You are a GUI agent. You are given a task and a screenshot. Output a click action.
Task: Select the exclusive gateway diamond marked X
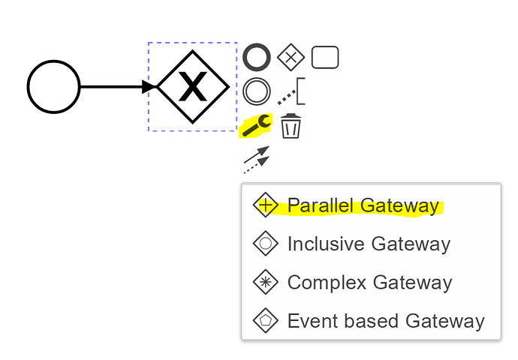193,87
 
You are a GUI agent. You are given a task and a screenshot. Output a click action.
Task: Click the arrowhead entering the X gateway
149,87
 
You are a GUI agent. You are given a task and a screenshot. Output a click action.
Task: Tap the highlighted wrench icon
257,125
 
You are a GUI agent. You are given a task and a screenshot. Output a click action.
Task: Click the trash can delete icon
291,126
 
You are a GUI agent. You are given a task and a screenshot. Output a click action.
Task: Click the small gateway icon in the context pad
291,58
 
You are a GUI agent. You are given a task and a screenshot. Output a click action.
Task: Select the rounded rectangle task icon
325,58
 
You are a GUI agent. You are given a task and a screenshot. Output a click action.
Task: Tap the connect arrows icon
257,160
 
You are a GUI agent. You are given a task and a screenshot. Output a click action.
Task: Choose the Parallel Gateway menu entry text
363,205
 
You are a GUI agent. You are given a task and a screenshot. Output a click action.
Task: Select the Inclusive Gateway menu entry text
369,244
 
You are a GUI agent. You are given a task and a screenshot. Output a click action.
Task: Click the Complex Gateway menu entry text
369,283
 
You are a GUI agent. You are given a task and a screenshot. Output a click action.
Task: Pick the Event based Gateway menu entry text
386,321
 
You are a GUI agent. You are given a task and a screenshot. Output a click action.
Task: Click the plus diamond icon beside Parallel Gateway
266,205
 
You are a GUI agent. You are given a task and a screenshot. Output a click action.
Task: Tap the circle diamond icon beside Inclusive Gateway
266,244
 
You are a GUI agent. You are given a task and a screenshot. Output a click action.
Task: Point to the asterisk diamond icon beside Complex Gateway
266,282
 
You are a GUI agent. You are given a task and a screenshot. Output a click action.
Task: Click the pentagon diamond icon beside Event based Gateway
266,320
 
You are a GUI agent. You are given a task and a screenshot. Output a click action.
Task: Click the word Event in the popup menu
313,321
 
